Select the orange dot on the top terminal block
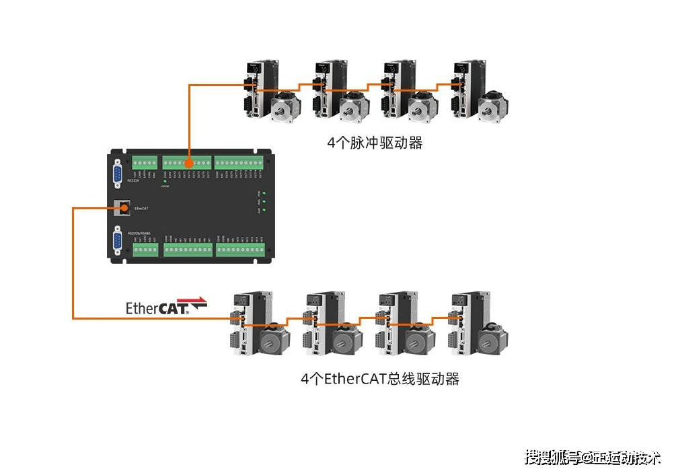click(189, 163)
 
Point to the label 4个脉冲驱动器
click(375, 143)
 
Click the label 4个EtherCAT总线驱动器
click(379, 379)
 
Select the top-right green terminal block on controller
click(239, 163)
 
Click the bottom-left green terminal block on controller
click(145, 250)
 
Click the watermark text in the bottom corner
click(592, 458)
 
